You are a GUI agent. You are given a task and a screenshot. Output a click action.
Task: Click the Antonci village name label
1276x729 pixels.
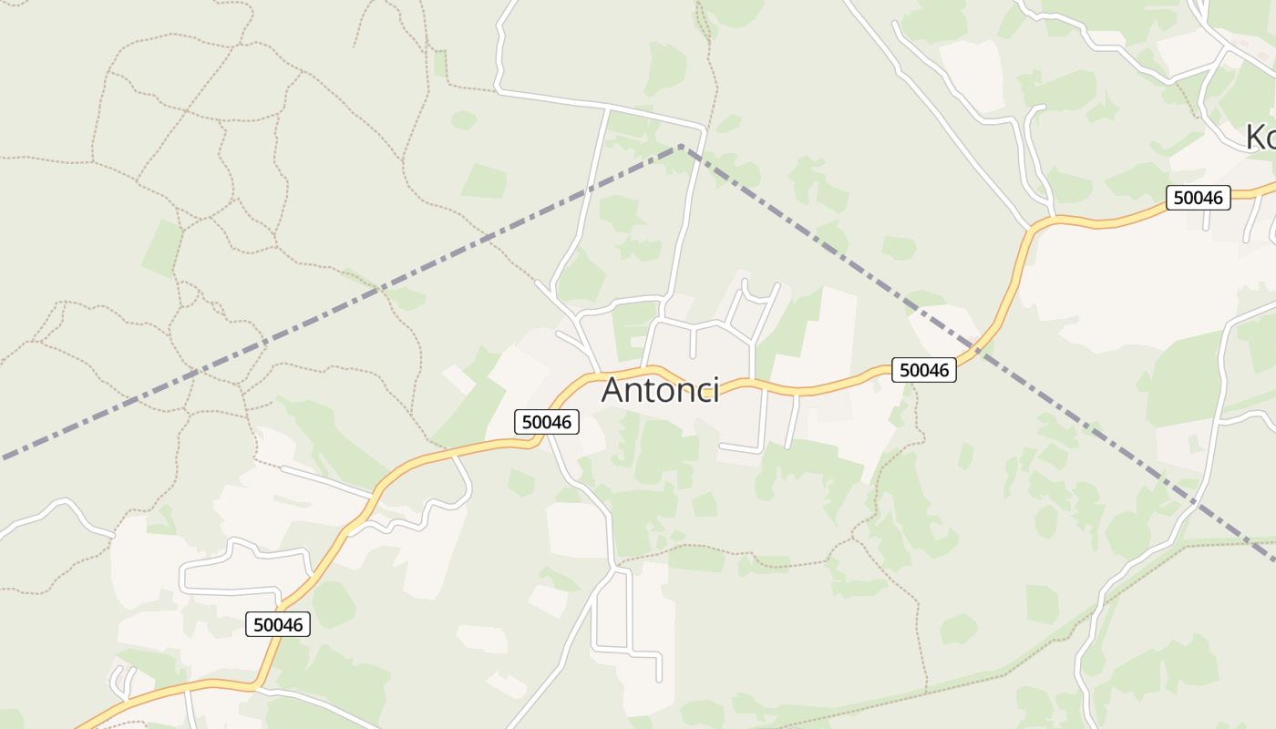point(660,390)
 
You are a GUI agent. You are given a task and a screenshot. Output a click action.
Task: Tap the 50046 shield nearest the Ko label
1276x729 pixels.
point(1198,197)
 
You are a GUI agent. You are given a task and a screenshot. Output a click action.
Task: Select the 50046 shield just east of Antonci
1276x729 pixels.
point(923,369)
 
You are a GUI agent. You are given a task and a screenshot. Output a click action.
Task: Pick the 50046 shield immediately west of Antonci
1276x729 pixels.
point(547,422)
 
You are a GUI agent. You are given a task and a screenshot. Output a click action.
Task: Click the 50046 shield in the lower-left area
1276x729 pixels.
point(278,624)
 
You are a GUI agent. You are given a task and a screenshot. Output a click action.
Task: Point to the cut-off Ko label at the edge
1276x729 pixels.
point(1260,138)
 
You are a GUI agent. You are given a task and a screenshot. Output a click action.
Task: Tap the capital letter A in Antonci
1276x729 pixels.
point(612,390)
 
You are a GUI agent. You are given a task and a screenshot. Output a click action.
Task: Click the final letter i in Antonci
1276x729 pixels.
point(715,390)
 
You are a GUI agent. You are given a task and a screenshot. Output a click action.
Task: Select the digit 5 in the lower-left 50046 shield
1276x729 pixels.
point(258,624)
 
